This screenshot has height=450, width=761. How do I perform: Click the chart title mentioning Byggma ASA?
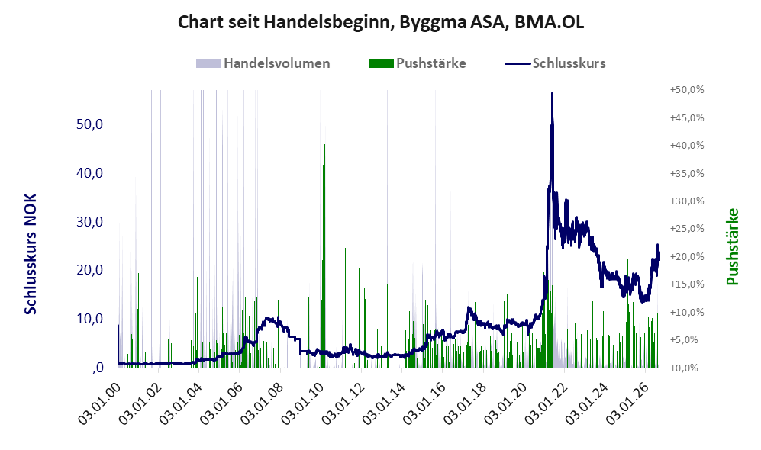point(380,22)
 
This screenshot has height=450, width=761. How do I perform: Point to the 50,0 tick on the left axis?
point(90,124)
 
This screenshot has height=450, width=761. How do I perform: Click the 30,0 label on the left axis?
point(90,222)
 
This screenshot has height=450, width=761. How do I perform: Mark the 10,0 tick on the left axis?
point(90,319)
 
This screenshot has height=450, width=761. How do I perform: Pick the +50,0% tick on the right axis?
point(687,90)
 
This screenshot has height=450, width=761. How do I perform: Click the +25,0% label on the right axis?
point(687,228)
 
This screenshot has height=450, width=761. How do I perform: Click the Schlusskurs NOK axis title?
point(31,254)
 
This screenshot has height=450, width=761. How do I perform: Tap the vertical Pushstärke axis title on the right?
point(732,247)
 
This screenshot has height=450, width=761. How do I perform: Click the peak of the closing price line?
point(552,92)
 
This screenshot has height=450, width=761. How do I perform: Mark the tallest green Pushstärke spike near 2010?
point(324,145)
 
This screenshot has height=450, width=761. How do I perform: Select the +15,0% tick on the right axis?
point(687,284)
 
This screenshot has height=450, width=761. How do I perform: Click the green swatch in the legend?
point(381,63)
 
